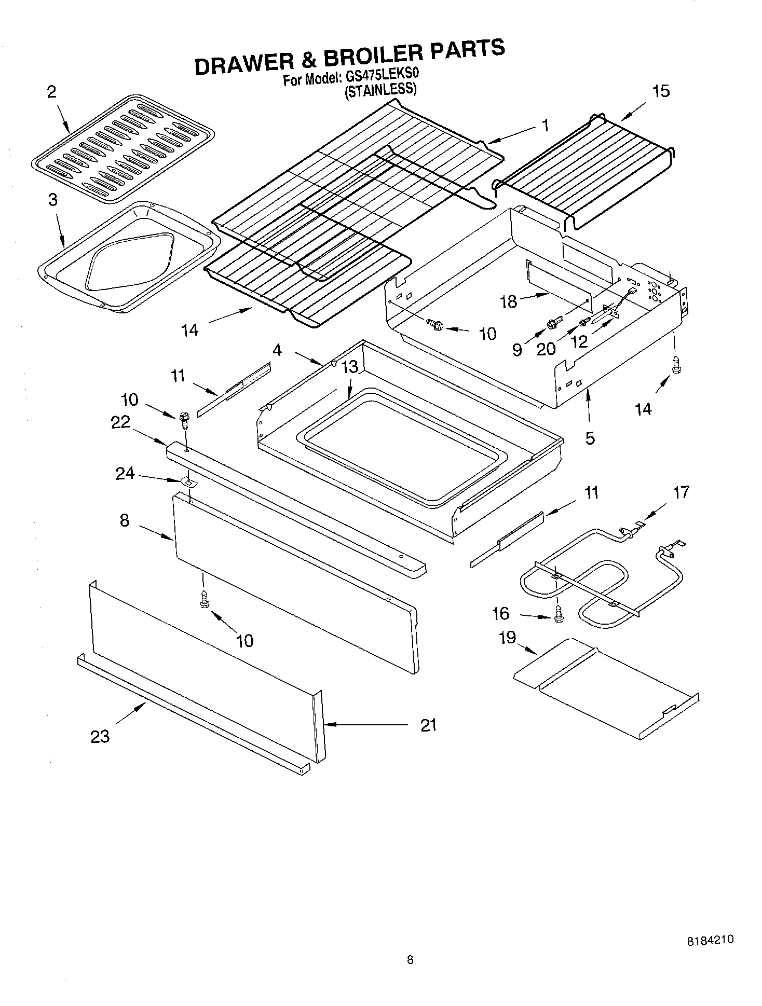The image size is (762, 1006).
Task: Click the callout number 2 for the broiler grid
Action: tap(51, 92)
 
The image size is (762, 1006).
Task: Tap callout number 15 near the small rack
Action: tap(661, 92)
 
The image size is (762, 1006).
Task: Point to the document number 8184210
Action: tap(710, 940)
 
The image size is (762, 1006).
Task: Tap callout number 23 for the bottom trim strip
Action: tap(100, 736)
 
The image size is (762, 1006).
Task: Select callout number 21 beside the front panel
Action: tap(428, 725)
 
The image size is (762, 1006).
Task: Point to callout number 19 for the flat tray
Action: tap(507, 637)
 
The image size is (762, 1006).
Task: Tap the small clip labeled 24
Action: tap(188, 483)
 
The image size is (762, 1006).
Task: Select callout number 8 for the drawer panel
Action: tap(125, 520)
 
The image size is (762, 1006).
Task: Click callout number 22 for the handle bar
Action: tap(120, 423)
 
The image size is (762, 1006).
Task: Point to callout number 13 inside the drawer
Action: tap(350, 367)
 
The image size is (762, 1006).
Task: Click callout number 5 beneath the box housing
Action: tap(590, 438)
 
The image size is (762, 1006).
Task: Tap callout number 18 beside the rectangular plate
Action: tap(509, 301)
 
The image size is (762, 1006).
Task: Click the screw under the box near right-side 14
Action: tap(675, 365)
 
